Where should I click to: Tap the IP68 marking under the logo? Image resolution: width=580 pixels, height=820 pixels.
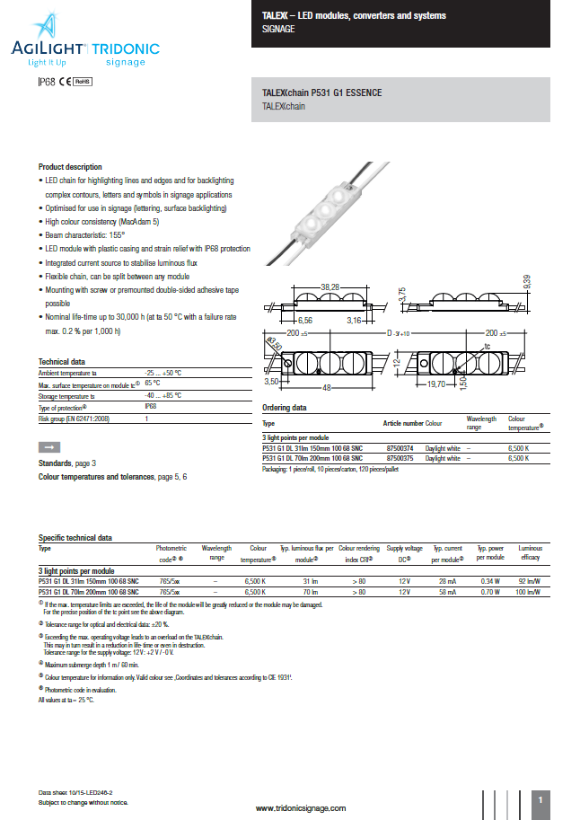[x=46, y=81]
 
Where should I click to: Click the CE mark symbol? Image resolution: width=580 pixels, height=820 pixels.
[x=65, y=81]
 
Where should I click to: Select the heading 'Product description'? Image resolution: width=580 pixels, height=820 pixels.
[x=70, y=167]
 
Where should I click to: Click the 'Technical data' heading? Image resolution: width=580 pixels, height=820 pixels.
[x=61, y=361]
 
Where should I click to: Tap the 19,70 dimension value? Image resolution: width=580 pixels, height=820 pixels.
[x=462, y=384]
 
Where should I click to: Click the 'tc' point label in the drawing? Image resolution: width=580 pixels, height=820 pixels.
[x=513, y=345]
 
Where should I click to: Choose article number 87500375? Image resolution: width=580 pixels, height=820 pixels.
[x=399, y=458]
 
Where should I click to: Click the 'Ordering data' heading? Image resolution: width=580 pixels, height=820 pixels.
[x=284, y=407]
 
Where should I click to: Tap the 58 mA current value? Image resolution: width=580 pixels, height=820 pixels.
[x=448, y=593]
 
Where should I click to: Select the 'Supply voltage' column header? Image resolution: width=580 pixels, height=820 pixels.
[x=404, y=547]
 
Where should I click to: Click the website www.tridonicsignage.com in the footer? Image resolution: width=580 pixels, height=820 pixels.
[x=301, y=808]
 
